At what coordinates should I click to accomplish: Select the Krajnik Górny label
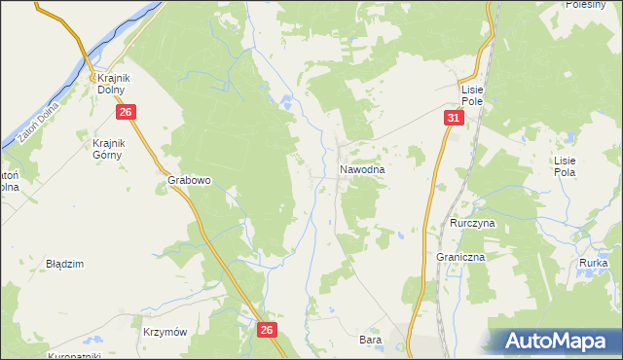coord(102,149)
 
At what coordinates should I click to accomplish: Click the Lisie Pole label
coord(479,94)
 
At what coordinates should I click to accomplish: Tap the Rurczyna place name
coord(473,223)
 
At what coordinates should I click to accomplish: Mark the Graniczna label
coord(460,257)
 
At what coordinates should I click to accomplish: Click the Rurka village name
coord(593,264)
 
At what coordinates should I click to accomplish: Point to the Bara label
coord(370,341)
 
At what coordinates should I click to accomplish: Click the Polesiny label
coord(587,5)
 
